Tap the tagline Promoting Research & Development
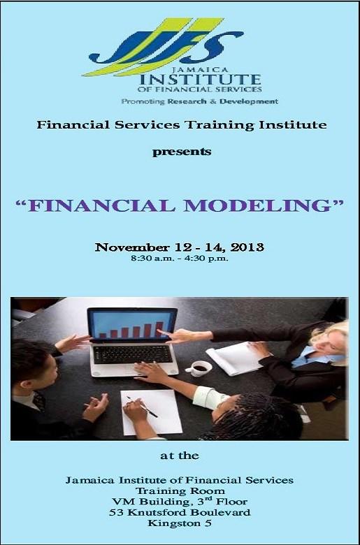pyautogui.click(x=199, y=101)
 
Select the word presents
pyautogui.click(x=181, y=150)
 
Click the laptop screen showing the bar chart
pyautogui.click(x=131, y=326)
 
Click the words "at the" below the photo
pyautogui.click(x=180, y=456)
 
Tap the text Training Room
pyautogui.click(x=180, y=490)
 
